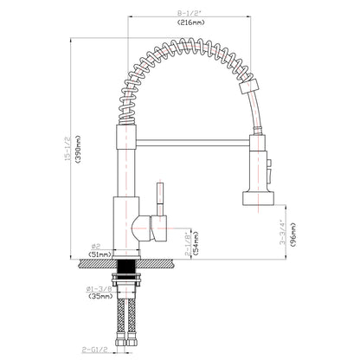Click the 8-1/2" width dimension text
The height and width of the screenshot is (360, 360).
coord(187,13)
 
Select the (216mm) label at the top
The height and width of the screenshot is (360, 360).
coord(187,24)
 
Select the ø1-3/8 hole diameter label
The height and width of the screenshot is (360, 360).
coord(97,287)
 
